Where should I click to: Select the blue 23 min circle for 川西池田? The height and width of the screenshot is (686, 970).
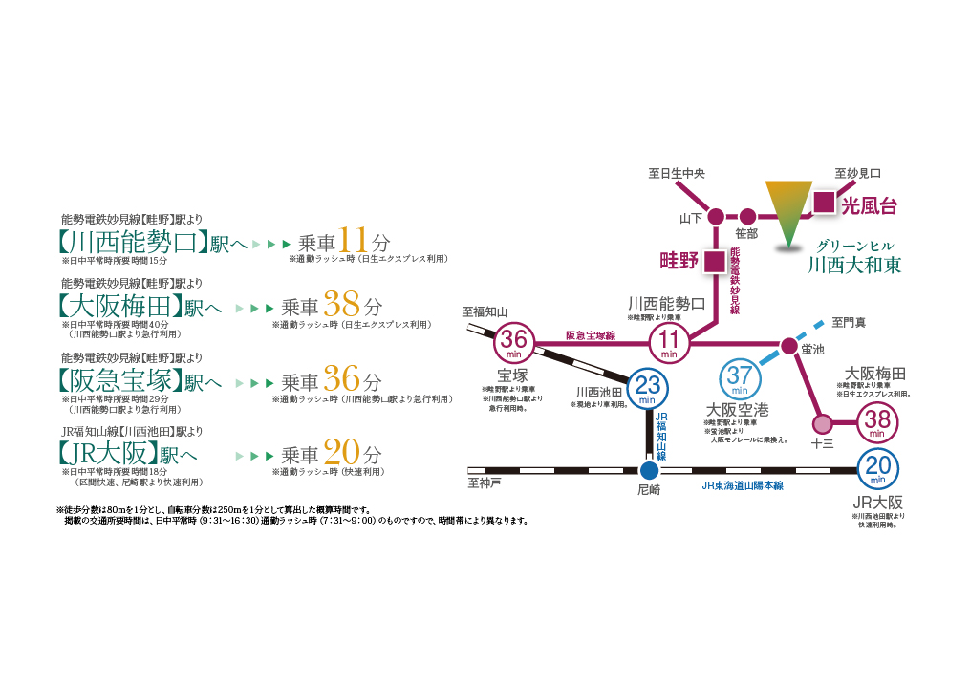(649, 388)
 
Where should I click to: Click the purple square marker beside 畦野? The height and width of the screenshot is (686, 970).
(712, 261)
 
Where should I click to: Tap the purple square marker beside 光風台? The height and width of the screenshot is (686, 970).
(824, 202)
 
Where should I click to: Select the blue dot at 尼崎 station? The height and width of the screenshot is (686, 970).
(649, 470)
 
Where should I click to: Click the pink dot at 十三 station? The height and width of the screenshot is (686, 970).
(820, 421)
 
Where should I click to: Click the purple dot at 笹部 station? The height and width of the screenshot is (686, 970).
(747, 216)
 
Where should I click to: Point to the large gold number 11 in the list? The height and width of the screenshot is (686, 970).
(355, 240)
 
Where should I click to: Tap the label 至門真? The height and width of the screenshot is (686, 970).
(848, 323)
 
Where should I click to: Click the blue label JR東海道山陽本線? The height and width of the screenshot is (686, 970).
(742, 485)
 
